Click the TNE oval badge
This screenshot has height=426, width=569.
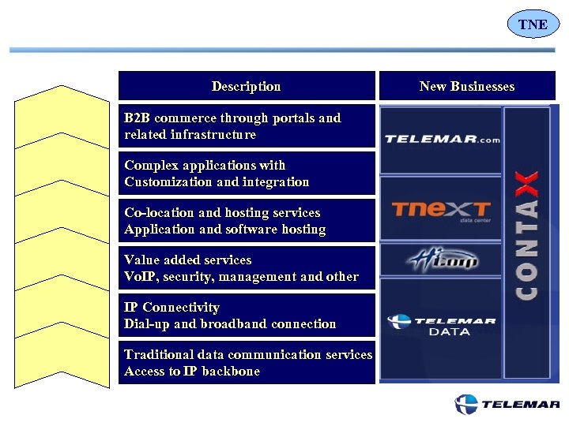533,24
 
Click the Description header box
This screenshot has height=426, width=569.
247,86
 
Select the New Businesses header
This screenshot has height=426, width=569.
467,86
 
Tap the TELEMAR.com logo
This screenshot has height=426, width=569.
442,140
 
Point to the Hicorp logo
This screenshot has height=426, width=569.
442,260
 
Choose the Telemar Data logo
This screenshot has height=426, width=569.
442,325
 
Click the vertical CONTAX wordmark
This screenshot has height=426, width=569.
528,237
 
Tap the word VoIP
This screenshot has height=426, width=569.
141,277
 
